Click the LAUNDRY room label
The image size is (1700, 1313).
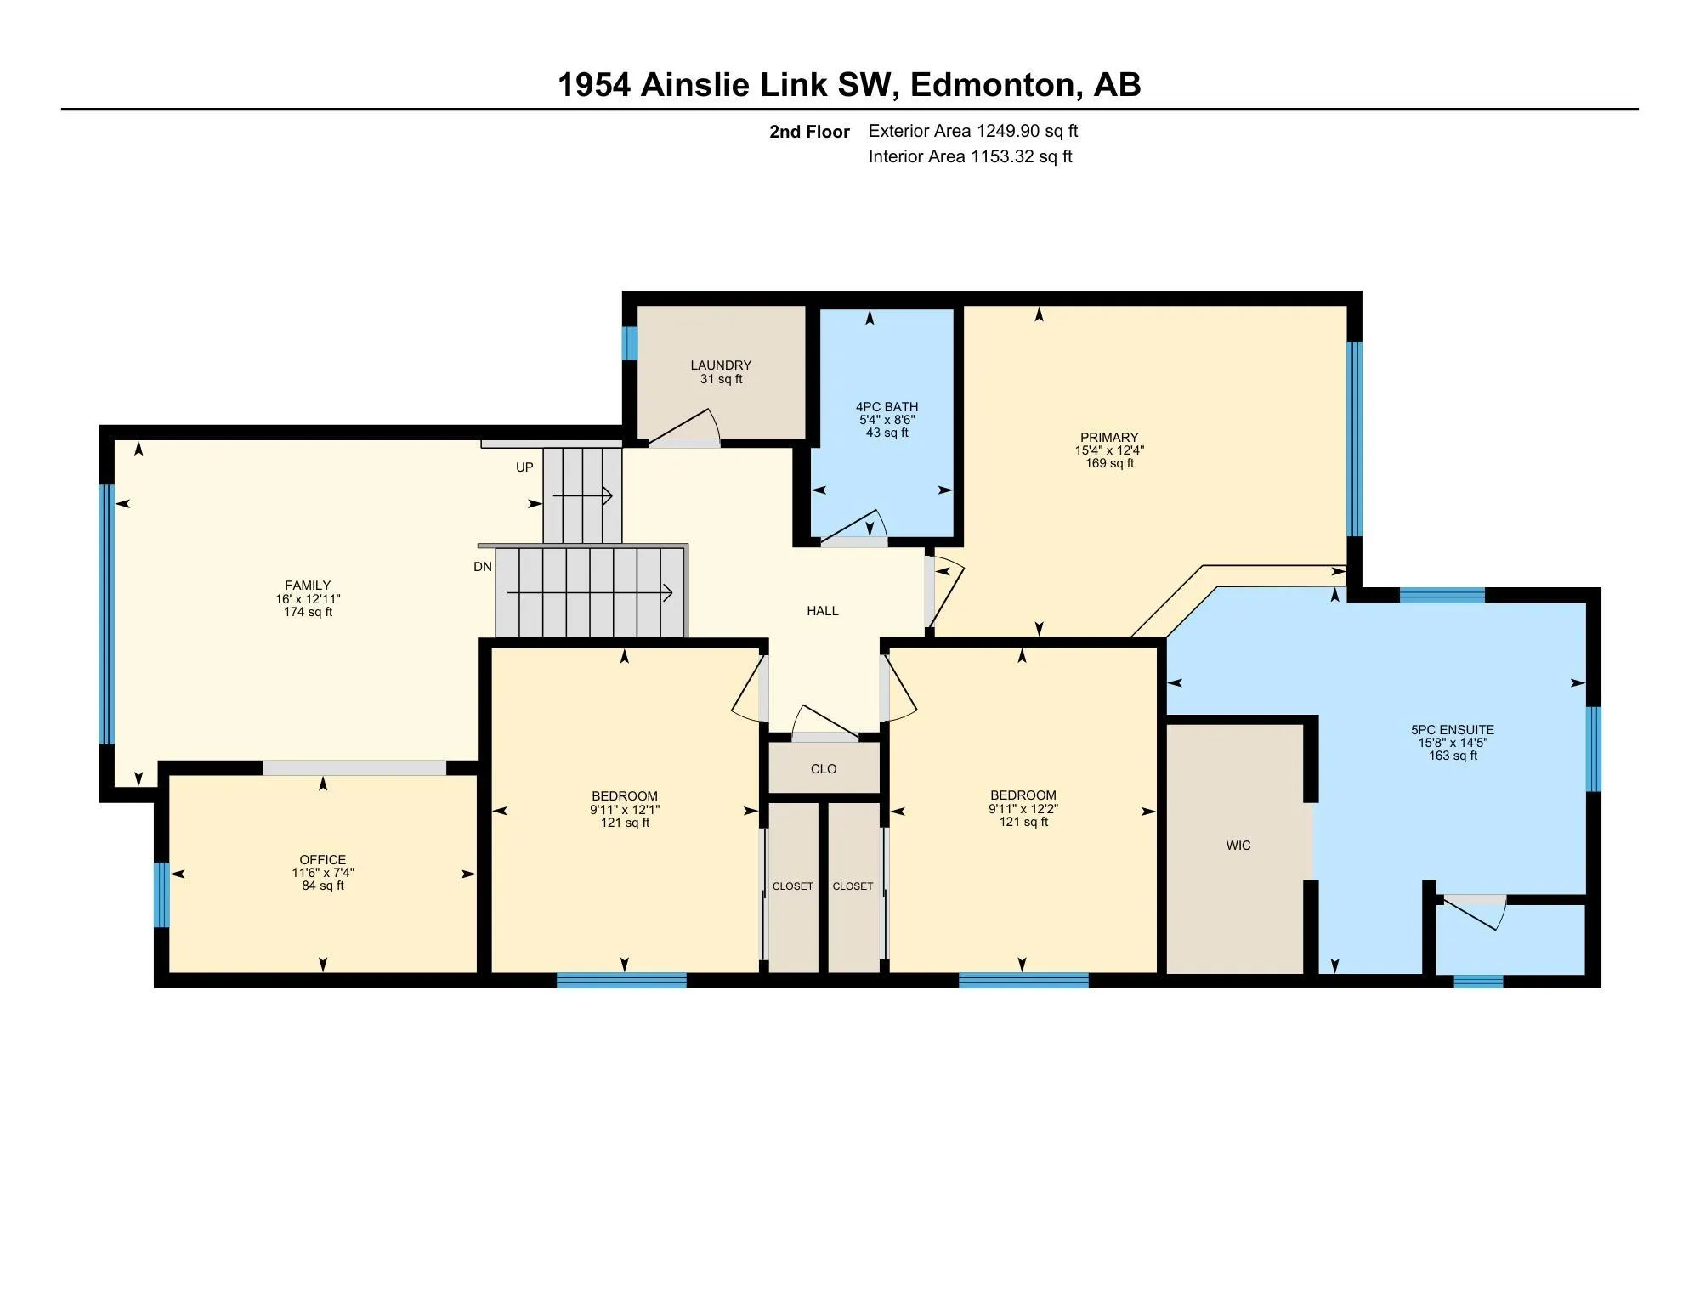[721, 365]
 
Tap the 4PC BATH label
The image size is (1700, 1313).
[887, 407]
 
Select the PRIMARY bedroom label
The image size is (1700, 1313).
[1109, 439]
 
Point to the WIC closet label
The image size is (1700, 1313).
[1238, 846]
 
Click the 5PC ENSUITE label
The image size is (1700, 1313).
[1453, 730]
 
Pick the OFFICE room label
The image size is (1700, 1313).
[323, 860]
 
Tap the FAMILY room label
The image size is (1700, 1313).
[308, 586]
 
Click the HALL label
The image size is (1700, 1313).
[823, 611]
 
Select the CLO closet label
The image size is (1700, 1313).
[824, 769]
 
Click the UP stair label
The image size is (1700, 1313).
[524, 467]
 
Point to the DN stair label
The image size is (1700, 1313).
[483, 567]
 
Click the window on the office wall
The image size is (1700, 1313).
[161, 895]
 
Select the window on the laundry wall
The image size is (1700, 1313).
[630, 343]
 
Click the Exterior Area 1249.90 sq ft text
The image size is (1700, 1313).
[973, 131]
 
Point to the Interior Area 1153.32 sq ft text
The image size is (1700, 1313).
[971, 156]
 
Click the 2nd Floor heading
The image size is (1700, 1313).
[809, 132]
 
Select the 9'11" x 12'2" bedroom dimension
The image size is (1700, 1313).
[1023, 810]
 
